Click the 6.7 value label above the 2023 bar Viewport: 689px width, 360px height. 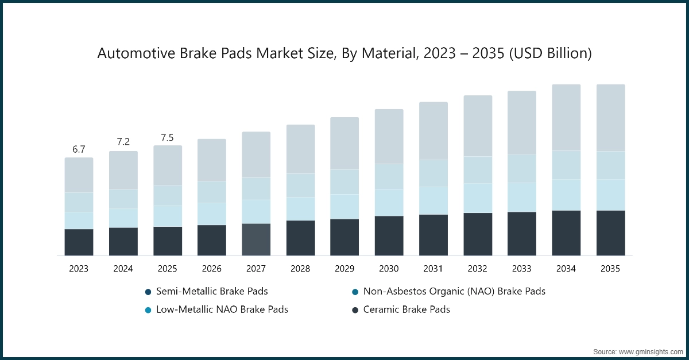click(x=79, y=149)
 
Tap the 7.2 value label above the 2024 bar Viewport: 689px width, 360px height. click(x=123, y=141)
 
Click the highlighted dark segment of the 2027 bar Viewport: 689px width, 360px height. click(x=256, y=239)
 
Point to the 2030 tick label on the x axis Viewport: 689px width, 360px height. click(x=389, y=269)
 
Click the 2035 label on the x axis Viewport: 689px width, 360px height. click(x=610, y=269)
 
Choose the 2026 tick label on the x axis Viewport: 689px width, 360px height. click(x=211, y=269)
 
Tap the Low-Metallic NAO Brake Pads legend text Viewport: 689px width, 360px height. click(x=222, y=309)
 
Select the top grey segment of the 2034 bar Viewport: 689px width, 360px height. click(x=566, y=118)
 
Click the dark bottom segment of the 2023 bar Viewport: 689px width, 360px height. click(x=79, y=242)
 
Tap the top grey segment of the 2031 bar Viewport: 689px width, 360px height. click(x=433, y=131)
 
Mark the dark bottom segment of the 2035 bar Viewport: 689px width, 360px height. click(x=610, y=233)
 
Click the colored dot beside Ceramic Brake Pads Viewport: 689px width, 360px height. click(x=355, y=310)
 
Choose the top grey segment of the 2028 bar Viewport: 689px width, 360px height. click(x=300, y=149)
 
